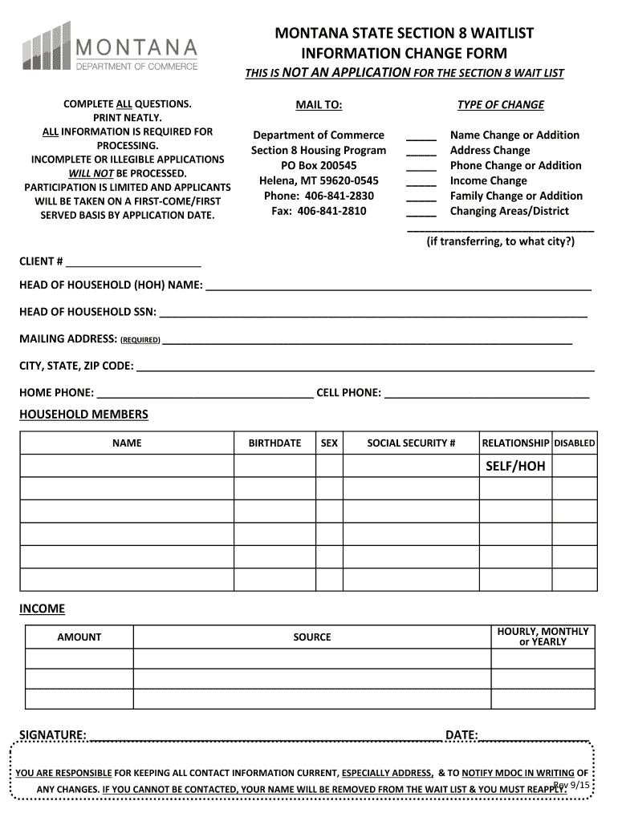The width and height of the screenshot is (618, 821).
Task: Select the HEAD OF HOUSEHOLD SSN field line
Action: (373, 313)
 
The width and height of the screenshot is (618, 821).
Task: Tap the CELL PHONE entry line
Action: (486, 394)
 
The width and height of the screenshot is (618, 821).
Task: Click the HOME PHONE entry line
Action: (205, 394)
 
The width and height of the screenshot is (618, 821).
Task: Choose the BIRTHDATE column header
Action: (274, 443)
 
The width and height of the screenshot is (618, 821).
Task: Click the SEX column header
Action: (329, 443)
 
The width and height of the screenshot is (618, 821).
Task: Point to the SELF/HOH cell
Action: (515, 466)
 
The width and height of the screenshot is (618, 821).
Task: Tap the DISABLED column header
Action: (575, 443)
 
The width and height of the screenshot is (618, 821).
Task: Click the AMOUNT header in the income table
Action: (79, 637)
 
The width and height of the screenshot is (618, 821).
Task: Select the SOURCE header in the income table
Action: (312, 637)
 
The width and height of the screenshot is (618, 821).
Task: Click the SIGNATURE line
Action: (265, 736)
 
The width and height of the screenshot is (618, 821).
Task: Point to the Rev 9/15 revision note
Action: (572, 785)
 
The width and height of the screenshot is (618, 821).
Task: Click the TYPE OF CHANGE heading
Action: (500, 105)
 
